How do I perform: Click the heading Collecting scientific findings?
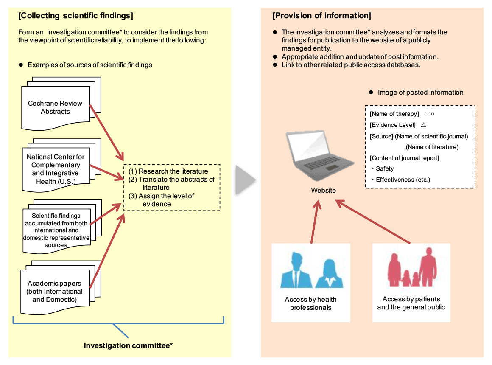pos(75,16)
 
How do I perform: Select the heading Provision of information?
pos(321,16)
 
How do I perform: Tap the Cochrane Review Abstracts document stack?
pos(56,107)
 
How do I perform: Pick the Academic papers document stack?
pos(55,291)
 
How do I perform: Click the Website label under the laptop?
pos(323,191)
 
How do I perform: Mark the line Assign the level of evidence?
pos(161,200)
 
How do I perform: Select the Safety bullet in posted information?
pos(384,168)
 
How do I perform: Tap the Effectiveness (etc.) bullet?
pos(402,180)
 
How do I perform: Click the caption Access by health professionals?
pos(310,303)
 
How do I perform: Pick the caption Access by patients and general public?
pos(411,303)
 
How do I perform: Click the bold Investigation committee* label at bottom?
pos(128,345)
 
